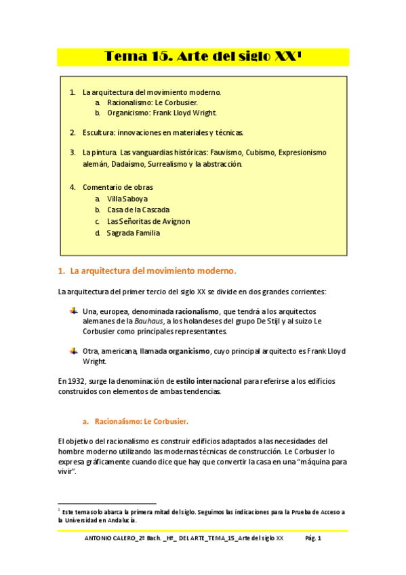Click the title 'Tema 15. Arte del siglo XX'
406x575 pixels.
point(202,57)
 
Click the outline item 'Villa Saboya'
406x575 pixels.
point(127,199)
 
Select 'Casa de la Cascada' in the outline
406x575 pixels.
point(138,210)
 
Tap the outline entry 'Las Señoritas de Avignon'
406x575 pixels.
point(148,221)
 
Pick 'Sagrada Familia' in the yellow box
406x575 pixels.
point(133,233)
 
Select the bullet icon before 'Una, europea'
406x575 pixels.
point(74,310)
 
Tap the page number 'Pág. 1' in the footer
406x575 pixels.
point(312,538)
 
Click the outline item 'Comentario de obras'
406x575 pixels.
point(117,186)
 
